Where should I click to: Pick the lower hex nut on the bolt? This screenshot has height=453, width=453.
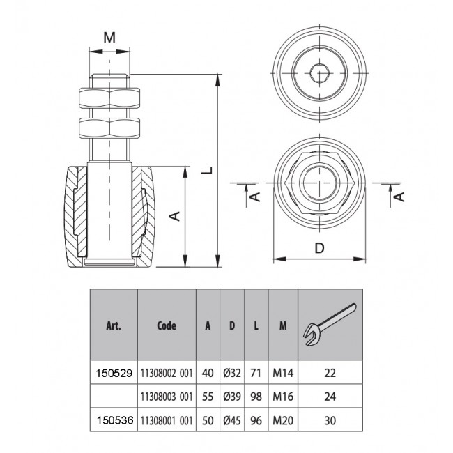(110, 129)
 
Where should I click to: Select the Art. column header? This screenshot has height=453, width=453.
(114, 325)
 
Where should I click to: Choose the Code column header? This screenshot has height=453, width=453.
(167, 325)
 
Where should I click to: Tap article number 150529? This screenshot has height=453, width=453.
(114, 374)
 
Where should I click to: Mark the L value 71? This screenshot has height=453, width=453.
(256, 374)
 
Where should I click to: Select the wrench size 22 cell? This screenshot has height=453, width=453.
(330, 374)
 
